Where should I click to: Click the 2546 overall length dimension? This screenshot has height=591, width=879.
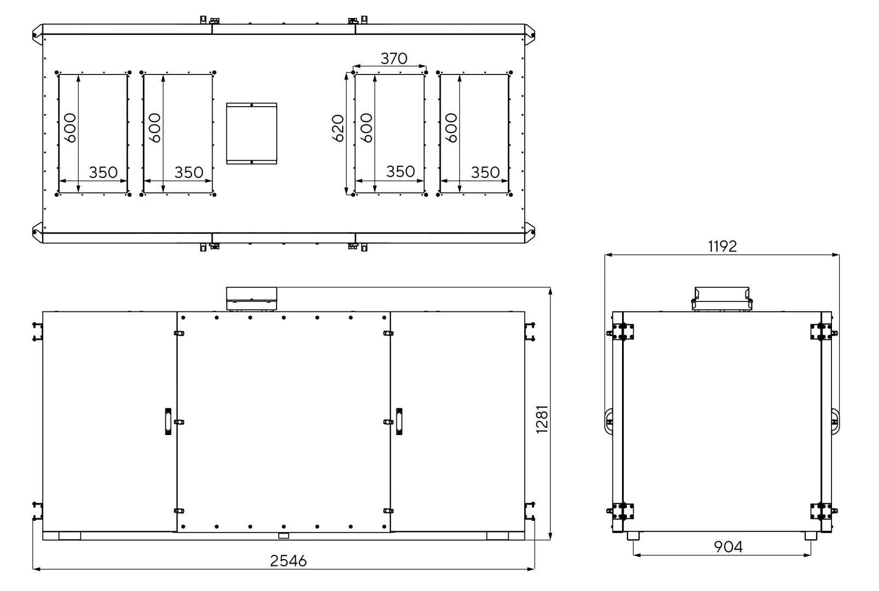(x=289, y=561)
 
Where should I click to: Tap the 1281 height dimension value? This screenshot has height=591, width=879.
(x=542, y=419)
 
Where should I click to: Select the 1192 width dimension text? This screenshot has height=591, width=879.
(x=723, y=246)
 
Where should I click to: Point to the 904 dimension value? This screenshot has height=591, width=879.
(x=728, y=547)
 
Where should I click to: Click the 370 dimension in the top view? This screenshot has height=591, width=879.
(x=394, y=59)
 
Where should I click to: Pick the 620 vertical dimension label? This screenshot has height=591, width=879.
(x=338, y=128)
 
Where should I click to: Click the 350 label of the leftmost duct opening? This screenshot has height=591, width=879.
(x=103, y=172)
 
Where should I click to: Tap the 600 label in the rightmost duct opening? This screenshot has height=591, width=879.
(x=452, y=128)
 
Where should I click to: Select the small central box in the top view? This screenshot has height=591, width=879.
(x=251, y=134)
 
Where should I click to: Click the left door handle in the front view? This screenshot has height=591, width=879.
(x=168, y=422)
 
